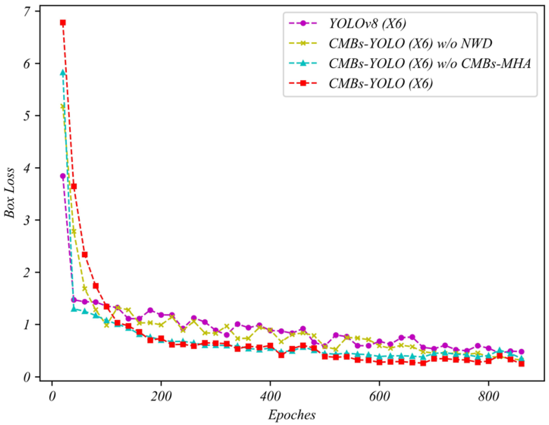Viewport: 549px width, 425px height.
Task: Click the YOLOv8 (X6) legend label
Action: tap(367, 24)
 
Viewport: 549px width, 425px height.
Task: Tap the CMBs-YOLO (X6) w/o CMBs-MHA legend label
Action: tap(430, 64)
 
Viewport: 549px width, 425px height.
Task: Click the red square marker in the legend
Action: tap(303, 83)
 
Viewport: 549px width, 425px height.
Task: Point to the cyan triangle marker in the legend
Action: tap(303, 64)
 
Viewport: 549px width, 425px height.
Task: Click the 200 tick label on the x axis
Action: tap(161, 397)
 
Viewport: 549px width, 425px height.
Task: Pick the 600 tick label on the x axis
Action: tap(379, 397)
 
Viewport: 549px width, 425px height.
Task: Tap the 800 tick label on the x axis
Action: tap(488, 397)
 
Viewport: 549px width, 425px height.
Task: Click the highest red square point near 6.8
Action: tap(63, 23)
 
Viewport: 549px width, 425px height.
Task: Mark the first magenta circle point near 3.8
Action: tap(63, 176)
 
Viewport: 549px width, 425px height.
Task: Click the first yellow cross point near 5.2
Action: tap(63, 107)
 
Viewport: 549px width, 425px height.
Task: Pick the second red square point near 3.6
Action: tap(74, 186)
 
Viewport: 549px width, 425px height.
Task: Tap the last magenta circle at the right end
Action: tap(522, 352)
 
